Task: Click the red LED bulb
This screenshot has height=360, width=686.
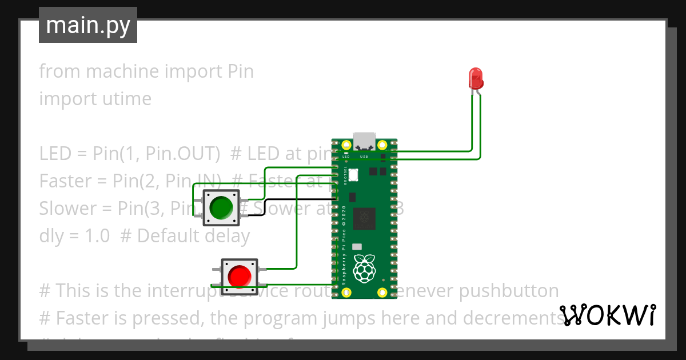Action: tap(475, 78)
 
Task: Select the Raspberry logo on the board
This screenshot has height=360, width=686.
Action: tap(364, 268)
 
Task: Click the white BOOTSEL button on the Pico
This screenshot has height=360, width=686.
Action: tap(353, 174)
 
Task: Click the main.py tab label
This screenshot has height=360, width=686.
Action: tap(88, 25)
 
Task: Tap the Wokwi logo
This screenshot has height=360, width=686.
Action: tap(607, 315)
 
